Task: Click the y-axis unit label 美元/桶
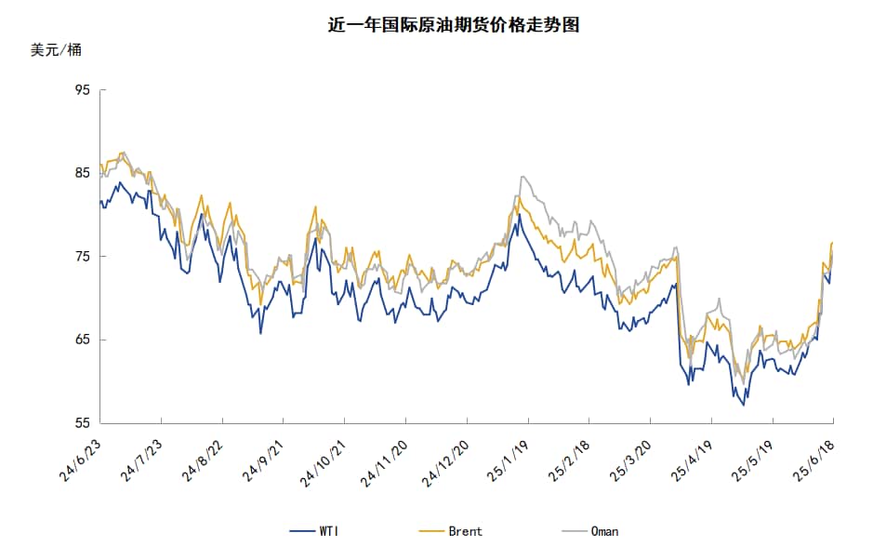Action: [x=56, y=50]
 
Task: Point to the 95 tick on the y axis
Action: [x=82, y=90]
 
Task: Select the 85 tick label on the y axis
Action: [x=82, y=173]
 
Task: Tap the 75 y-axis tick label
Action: [x=82, y=257]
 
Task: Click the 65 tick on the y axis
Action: [x=82, y=340]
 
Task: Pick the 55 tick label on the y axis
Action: [x=82, y=423]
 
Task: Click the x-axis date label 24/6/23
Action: [x=81, y=461]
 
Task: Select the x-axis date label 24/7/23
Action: [x=141, y=461]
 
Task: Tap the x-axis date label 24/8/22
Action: [x=203, y=461]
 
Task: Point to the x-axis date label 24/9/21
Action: [x=264, y=461]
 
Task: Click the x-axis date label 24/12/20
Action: [x=444, y=463]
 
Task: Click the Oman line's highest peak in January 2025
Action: [x=523, y=176]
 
